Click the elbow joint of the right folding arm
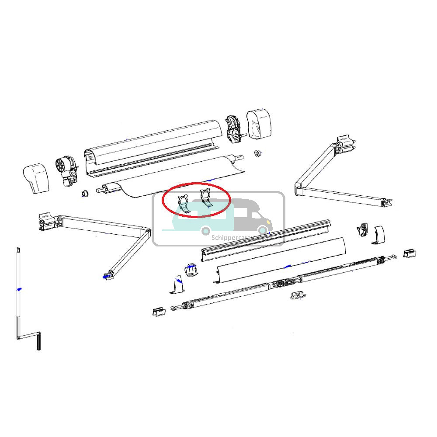pos(299,187)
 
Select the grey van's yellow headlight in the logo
pos(263,229)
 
